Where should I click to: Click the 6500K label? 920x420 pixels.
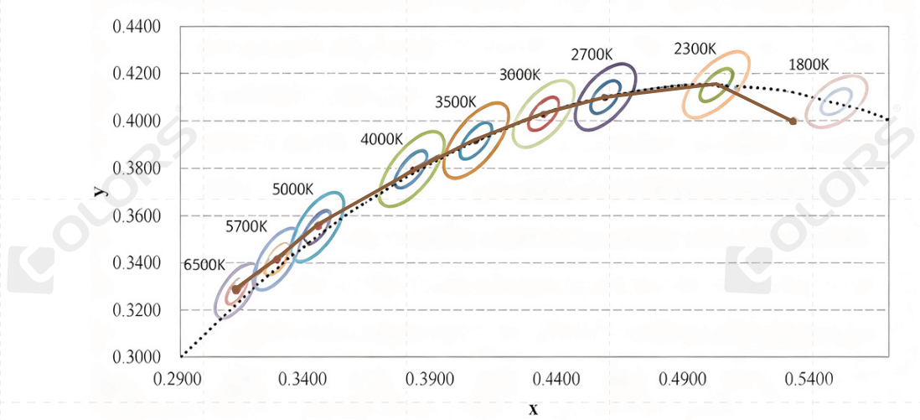coord(204,264)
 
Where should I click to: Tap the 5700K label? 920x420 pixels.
coord(246,226)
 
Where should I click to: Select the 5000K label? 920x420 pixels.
coord(293,189)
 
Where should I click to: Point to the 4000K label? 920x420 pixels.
coord(382,139)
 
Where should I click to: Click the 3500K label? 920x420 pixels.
coord(456,102)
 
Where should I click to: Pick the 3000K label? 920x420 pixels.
coord(519,75)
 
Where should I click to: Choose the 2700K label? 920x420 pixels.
coord(592,55)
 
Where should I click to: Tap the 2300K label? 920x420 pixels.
coord(695,49)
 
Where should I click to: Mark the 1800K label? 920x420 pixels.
coord(809,65)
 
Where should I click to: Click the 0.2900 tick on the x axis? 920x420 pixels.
coord(178,380)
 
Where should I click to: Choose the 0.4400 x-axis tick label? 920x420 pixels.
coord(557,380)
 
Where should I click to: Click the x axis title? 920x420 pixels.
coord(533,408)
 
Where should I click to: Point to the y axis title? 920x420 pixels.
coord(100,191)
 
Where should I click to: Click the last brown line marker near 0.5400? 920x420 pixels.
coord(793,121)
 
